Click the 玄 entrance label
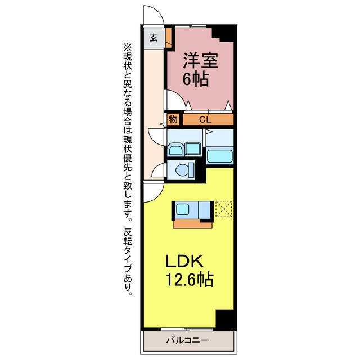[x=153, y=39]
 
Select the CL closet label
[x=205, y=119]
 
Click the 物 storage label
[x=173, y=119]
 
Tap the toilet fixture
[x=183, y=169]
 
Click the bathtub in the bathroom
[x=220, y=156]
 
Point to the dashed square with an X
[x=223, y=209]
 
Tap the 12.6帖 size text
[x=188, y=280]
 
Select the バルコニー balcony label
[x=188, y=341]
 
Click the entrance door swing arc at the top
[x=153, y=15]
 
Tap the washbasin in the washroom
[x=175, y=149]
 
